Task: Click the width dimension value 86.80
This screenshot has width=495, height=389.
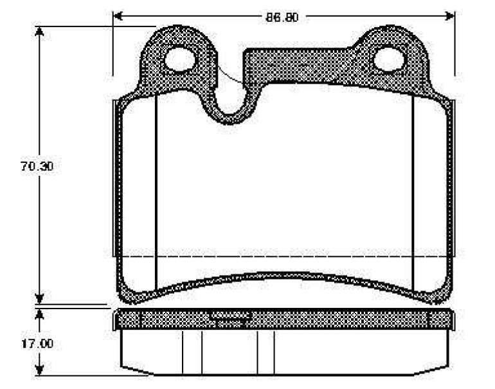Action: [282, 16]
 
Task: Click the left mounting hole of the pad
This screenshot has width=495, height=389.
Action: [179, 60]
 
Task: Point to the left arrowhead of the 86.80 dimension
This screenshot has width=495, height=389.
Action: [118, 15]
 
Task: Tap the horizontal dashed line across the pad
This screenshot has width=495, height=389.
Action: [283, 256]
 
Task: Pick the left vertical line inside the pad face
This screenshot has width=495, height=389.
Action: [157, 193]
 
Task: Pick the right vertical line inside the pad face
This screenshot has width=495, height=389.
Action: [412, 193]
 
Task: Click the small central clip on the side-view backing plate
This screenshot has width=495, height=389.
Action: [230, 315]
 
